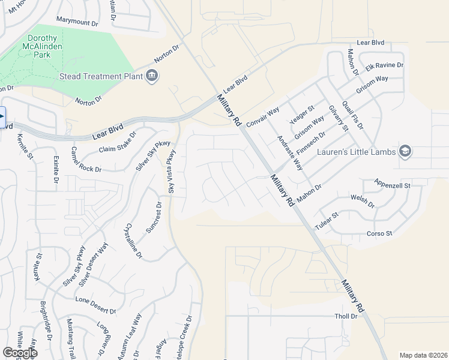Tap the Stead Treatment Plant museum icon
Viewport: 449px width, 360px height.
click(151, 76)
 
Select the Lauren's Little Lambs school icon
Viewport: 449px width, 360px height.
click(405, 151)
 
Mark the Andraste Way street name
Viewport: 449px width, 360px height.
click(291, 153)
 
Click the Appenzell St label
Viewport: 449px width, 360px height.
click(391, 185)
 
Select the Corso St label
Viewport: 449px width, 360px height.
click(379, 233)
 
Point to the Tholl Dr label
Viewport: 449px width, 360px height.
click(346, 316)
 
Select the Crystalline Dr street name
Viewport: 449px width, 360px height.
click(132, 241)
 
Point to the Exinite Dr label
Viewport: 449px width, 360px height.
click(56, 169)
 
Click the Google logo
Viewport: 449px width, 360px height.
click(19, 352)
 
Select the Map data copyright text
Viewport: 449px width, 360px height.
click(423, 355)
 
